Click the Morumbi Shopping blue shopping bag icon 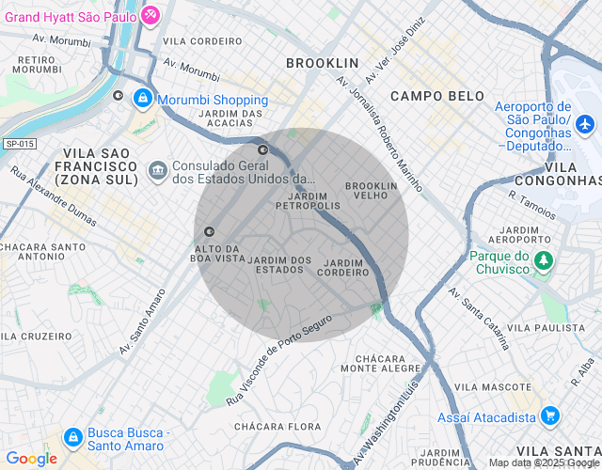point(142,98)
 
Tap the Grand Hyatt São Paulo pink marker point(151,16)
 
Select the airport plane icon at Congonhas point(585,123)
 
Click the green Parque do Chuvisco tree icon point(543,261)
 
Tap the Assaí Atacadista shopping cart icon point(549,415)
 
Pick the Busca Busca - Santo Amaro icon point(72,437)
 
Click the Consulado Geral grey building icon point(158,171)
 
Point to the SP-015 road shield point(18,144)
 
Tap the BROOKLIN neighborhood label point(323,63)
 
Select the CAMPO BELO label point(437,96)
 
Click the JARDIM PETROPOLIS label point(308,200)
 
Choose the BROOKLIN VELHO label point(372,191)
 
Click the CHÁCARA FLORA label point(277,427)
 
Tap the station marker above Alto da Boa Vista point(209,231)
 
